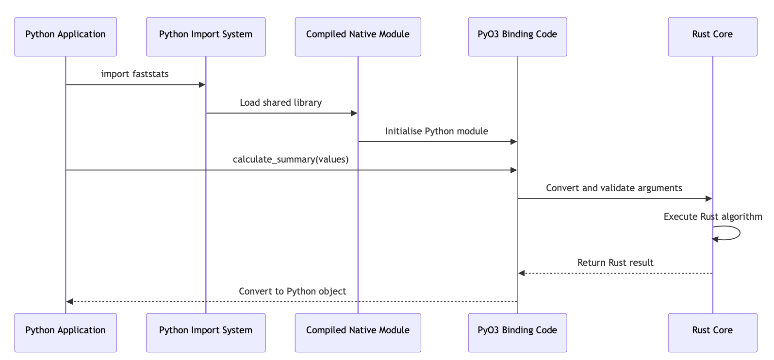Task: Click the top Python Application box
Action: click(66, 37)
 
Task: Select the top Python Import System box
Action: click(206, 37)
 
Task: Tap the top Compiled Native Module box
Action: click(358, 37)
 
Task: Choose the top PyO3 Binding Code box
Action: click(518, 37)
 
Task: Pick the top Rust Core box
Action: click(712, 37)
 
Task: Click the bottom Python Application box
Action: click(66, 333)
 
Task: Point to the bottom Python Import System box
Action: click(206, 333)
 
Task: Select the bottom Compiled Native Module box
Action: click(358, 333)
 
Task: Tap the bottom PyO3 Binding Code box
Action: click(518, 333)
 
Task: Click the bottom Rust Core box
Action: click(712, 333)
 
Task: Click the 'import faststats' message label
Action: click(135, 74)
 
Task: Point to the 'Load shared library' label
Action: click(280, 102)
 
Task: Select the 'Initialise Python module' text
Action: click(436, 131)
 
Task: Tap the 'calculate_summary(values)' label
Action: click(291, 160)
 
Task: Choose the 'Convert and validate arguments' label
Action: click(614, 188)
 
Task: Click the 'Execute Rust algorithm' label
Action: click(713, 216)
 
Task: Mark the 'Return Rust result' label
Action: click(615, 262)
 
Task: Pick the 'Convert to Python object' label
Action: click(292, 291)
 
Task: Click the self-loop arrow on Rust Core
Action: click(740, 233)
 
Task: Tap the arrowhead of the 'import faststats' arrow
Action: click(202, 84)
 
